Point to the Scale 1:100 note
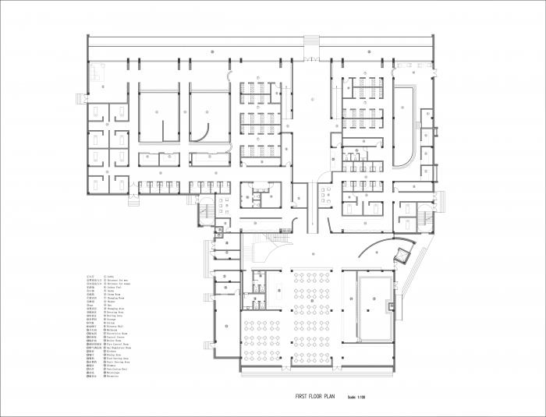[358, 398]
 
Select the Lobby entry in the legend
[112, 277]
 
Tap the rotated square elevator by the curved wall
[404, 252]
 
